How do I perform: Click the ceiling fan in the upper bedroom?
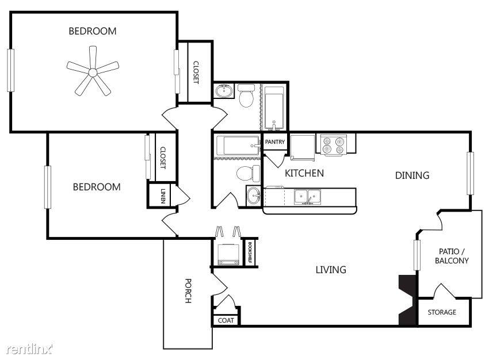[x=93, y=72]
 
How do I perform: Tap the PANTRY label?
[x=275, y=142]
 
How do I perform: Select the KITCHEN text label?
[x=304, y=173]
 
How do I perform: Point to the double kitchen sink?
[x=307, y=197]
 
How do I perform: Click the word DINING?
[x=412, y=175]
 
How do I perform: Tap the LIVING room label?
[x=331, y=269]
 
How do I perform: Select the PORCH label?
[x=188, y=290]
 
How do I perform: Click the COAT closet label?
[x=226, y=320]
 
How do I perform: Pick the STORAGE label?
[x=442, y=312]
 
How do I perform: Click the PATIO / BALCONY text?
[x=452, y=256]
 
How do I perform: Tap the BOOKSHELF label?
[x=250, y=252]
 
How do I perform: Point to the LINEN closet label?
[x=162, y=196]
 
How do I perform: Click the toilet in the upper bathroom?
[x=247, y=95]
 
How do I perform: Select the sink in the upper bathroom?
[x=224, y=91]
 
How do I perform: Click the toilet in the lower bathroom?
[x=247, y=173]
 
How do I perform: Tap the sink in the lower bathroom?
[x=253, y=196]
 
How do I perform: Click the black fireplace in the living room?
[x=407, y=300]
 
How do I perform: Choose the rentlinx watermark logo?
[x=29, y=349]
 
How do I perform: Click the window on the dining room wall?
[x=470, y=173]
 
